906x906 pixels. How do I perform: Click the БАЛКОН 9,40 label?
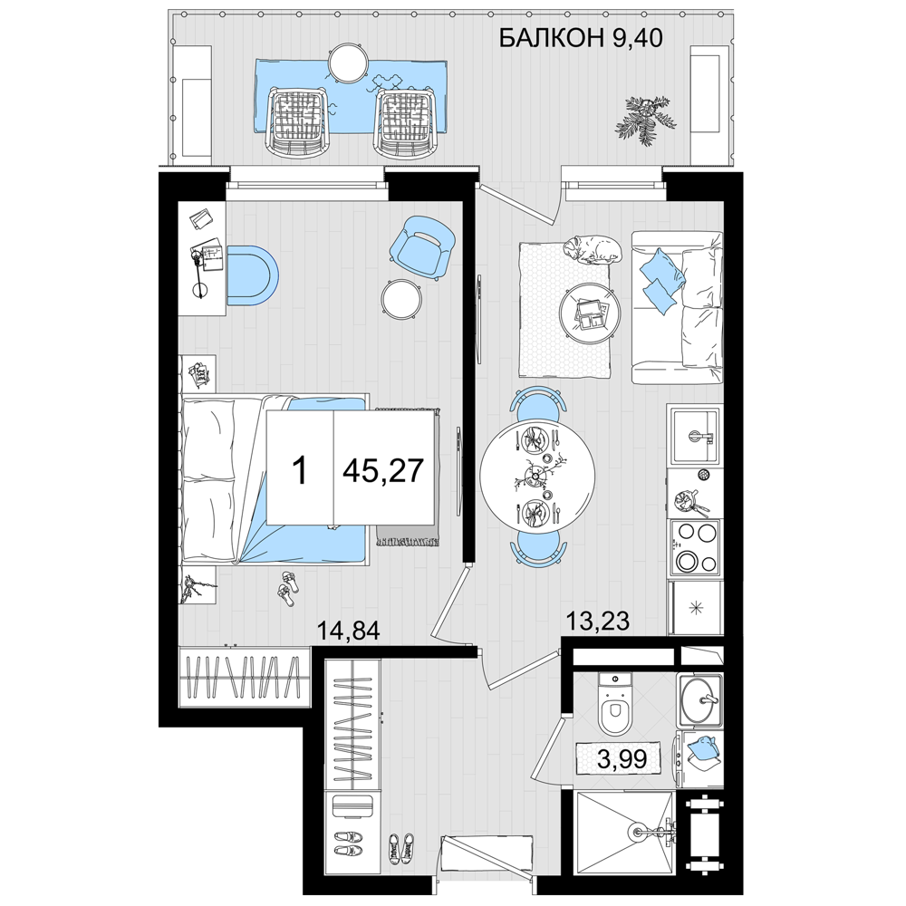click(x=580, y=39)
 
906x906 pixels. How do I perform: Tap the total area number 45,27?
click(x=383, y=470)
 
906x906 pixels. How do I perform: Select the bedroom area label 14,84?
click(x=349, y=631)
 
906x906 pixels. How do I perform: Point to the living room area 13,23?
click(x=597, y=622)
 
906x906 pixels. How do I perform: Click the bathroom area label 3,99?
click(x=622, y=758)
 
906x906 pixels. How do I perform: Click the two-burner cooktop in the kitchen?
click(x=693, y=547)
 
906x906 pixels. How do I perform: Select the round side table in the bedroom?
click(x=400, y=299)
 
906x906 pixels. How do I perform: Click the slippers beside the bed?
click(x=288, y=588)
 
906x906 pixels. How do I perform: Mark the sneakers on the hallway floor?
click(x=401, y=849)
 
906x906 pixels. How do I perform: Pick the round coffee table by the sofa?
click(x=590, y=313)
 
